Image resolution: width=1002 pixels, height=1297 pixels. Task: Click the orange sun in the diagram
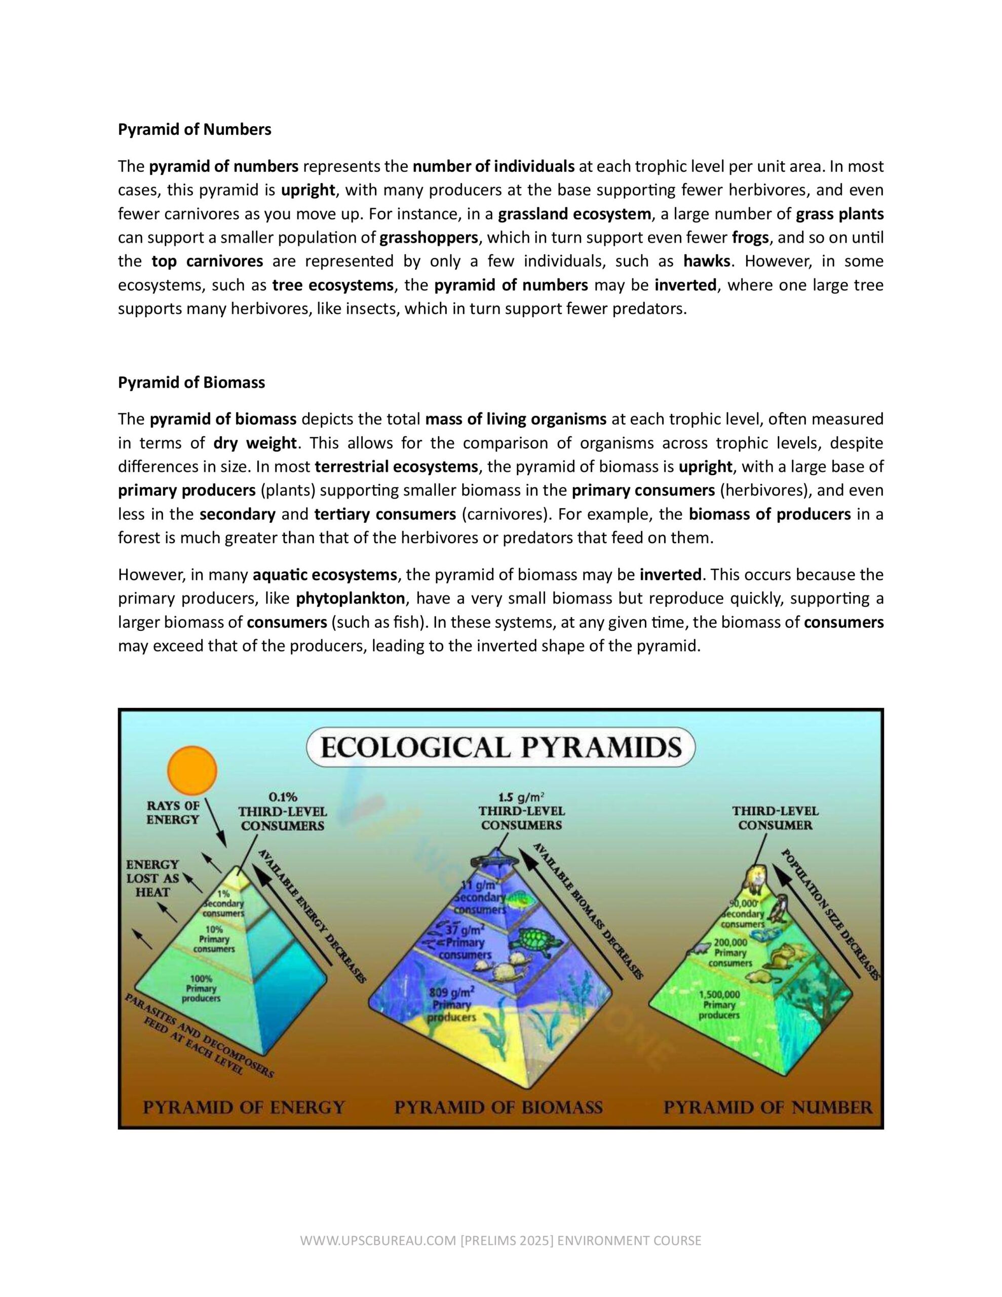pos(192,770)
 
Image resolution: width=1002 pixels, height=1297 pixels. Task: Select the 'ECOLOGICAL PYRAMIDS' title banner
pos(500,748)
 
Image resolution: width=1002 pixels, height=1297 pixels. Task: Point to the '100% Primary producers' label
pos(202,988)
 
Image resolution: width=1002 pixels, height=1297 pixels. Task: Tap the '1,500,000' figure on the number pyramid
pos(719,995)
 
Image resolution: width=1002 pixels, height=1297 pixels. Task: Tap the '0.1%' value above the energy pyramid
pos(283,796)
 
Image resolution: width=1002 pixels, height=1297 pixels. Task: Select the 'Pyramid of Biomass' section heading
pos(191,383)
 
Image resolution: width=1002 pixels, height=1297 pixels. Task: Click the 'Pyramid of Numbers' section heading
pos(194,130)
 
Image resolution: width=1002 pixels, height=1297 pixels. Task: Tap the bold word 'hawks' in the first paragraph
pos(706,261)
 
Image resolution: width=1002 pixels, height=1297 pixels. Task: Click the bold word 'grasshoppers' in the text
pos(428,238)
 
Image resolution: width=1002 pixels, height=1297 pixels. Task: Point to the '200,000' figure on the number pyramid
pos(730,942)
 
